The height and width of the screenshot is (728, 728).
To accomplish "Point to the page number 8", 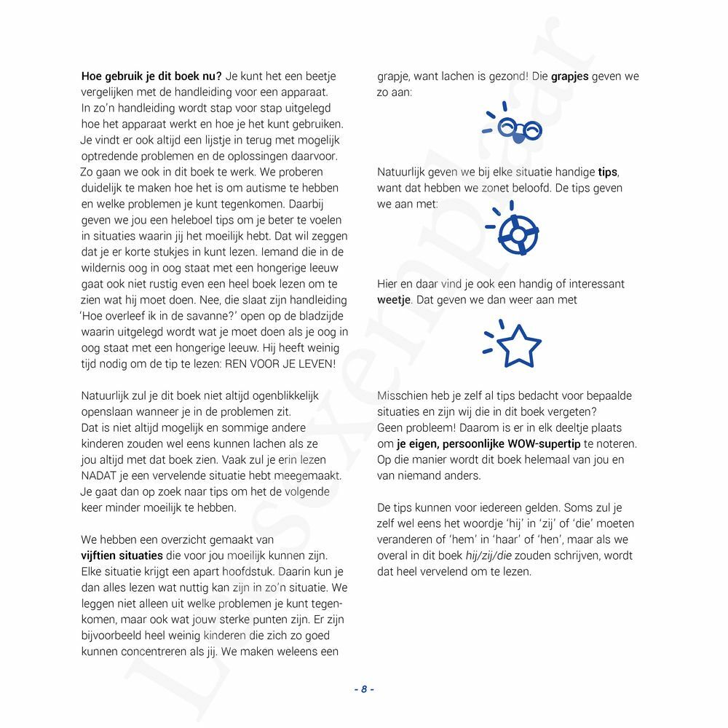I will point(363,689).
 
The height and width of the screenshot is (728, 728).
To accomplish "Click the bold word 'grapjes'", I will point(570,76).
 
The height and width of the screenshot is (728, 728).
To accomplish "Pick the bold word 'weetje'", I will point(393,300).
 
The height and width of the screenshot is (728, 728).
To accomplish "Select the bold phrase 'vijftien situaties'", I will point(121,555).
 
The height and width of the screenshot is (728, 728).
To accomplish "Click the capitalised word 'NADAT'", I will point(99,476).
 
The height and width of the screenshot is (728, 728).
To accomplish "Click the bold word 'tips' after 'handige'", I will point(607,173).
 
